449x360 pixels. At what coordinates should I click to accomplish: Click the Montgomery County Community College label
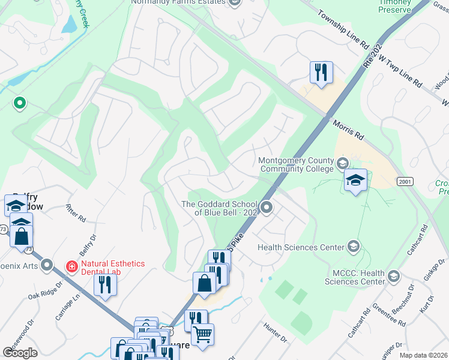[295, 164]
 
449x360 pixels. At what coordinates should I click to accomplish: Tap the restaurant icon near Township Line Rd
[321, 73]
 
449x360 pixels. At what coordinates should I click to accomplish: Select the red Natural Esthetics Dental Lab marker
[72, 265]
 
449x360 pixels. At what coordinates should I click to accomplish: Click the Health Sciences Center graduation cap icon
[354, 247]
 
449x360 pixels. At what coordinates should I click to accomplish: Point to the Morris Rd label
[348, 129]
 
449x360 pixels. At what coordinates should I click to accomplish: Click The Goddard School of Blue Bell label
[218, 208]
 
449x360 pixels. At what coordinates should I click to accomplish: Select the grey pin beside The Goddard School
[267, 208]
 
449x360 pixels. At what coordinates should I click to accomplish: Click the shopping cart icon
[203, 334]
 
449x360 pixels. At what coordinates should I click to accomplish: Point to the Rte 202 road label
[373, 53]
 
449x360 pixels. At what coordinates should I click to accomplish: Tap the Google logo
[20, 352]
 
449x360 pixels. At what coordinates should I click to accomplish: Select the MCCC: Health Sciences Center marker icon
[393, 275]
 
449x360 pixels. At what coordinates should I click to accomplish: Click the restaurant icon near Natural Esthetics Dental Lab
[105, 284]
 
